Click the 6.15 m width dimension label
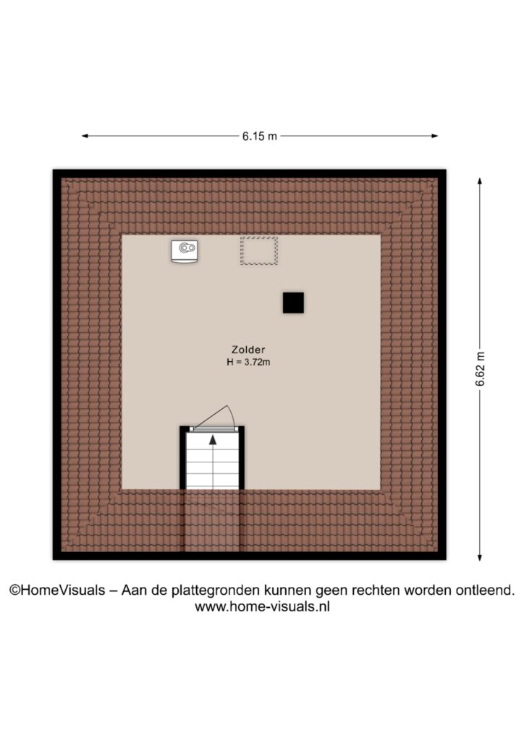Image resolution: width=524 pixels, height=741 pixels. tap(259, 136)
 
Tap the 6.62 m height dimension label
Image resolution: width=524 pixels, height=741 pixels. tap(480, 370)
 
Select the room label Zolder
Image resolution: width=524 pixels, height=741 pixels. tap(248, 350)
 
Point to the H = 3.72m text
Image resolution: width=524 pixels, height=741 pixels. tap(248, 363)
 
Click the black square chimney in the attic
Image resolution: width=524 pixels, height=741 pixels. tap(293, 302)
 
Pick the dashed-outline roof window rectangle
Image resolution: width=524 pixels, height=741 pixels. tap(259, 250)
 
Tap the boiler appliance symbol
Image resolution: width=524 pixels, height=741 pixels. tap(185, 251)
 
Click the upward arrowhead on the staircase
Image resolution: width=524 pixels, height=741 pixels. tap(213, 439)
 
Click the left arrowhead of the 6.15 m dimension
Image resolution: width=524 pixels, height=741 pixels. tap(85, 136)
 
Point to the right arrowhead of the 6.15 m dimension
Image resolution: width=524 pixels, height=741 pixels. tap(434, 136)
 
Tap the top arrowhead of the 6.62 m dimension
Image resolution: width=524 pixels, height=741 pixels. tap(480, 182)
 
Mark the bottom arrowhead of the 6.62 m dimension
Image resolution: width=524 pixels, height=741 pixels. tap(480, 557)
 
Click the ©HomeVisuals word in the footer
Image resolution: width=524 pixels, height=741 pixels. tap(57, 590)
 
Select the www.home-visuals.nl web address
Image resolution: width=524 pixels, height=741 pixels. tap(262, 606)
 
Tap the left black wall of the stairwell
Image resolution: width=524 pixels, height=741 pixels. tap(183, 457)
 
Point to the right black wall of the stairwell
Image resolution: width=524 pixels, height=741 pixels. tap(242, 457)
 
